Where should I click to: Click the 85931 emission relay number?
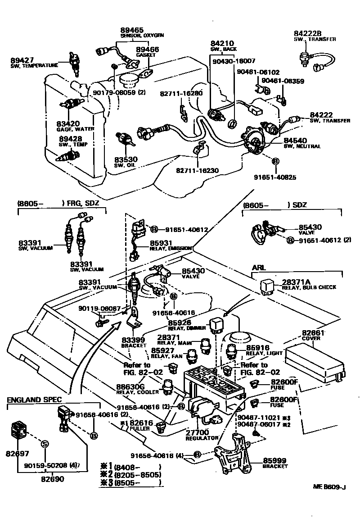tap(161, 243)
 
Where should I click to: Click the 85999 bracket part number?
tap(275, 461)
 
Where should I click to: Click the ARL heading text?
tap(258, 268)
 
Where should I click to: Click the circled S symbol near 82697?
tap(45, 444)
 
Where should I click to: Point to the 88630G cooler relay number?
tap(130, 386)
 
